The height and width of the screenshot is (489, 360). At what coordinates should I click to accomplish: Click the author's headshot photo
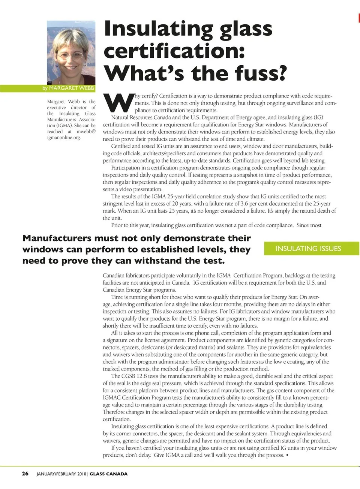click(x=71, y=52)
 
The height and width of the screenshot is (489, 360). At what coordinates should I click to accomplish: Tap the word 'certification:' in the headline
click(x=174, y=51)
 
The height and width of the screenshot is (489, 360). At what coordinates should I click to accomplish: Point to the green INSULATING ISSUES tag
click(x=308, y=249)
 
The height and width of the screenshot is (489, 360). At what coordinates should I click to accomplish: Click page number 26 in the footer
click(x=25, y=474)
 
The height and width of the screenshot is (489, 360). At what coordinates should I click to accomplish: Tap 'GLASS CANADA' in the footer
click(x=109, y=474)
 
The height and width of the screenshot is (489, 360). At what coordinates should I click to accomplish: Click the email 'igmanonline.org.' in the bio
click(x=64, y=138)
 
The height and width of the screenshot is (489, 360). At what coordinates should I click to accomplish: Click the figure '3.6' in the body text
click(x=244, y=204)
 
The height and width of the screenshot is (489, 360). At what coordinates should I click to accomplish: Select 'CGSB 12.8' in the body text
click(x=134, y=376)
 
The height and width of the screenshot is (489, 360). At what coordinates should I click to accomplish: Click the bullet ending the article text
click(x=287, y=455)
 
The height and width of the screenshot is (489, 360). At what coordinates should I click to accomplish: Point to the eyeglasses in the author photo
click(x=70, y=55)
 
